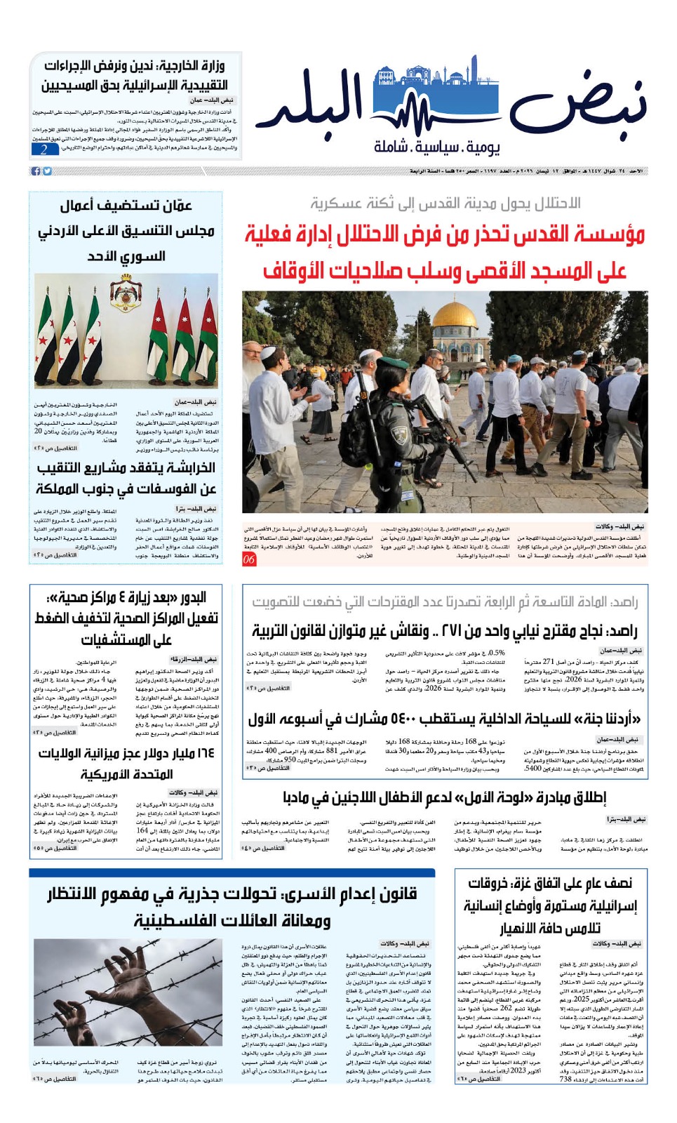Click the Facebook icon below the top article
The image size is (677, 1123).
point(36,171)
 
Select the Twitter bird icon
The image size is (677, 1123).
point(47,171)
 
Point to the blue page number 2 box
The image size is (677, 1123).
point(44,149)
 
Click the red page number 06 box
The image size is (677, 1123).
point(249,559)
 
